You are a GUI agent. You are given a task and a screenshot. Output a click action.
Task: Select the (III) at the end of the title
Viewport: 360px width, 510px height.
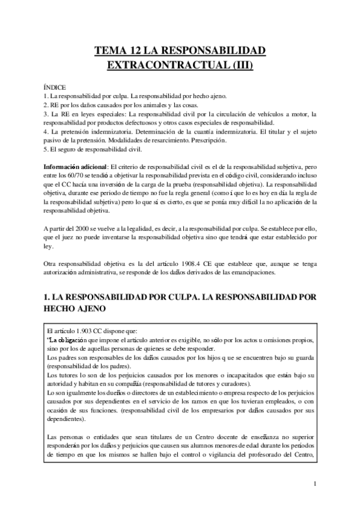241,66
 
